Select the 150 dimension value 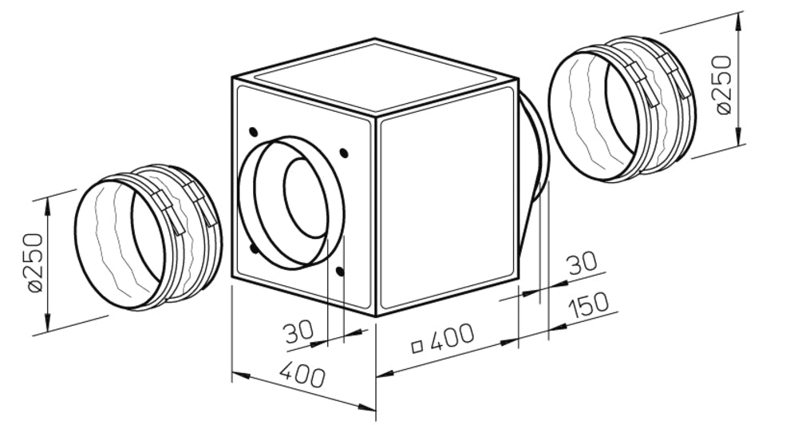(x=589, y=304)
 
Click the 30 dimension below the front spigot (x=298, y=332)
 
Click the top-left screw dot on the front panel (x=253, y=131)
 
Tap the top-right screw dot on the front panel (x=343, y=153)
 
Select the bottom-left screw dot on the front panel (x=253, y=248)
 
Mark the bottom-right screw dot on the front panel (x=342, y=272)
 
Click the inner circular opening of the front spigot (x=305, y=197)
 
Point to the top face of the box (x=375, y=76)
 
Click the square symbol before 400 (x=416, y=347)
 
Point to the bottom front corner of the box (x=376, y=316)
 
